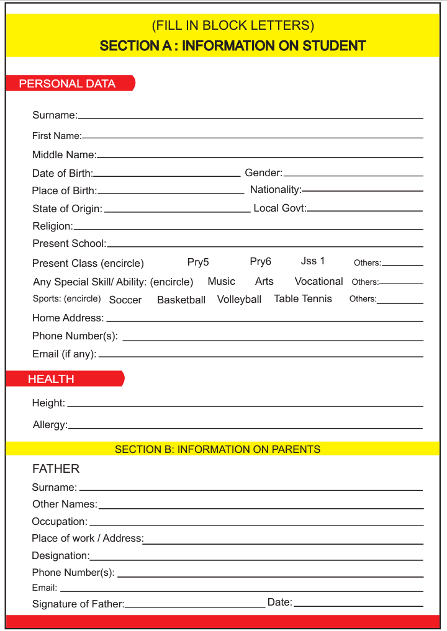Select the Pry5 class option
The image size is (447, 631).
pyautogui.click(x=198, y=262)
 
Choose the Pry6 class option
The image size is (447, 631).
pyautogui.click(x=260, y=261)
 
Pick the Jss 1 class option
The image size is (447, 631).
pyautogui.click(x=313, y=261)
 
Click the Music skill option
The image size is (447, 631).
pyautogui.click(x=221, y=281)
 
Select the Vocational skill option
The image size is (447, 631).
pyautogui.click(x=318, y=281)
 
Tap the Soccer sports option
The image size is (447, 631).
pyautogui.click(x=125, y=300)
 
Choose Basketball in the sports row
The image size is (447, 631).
pyautogui.click(x=181, y=300)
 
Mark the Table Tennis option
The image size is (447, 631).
pyautogui.click(x=302, y=298)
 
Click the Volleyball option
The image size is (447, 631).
pyautogui.click(x=239, y=299)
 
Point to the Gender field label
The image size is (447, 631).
pyautogui.click(x=263, y=172)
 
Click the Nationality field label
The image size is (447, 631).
pyautogui.click(x=276, y=189)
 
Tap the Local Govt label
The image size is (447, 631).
pyautogui.click(x=279, y=208)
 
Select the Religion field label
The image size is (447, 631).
pyautogui.click(x=52, y=226)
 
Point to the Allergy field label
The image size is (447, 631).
pyautogui.click(x=50, y=424)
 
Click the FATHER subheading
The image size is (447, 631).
pyautogui.click(x=56, y=468)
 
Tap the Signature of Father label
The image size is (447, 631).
pyautogui.click(x=78, y=604)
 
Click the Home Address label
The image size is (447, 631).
pyautogui.click(x=68, y=318)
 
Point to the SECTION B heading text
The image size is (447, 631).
pyautogui.click(x=217, y=449)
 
